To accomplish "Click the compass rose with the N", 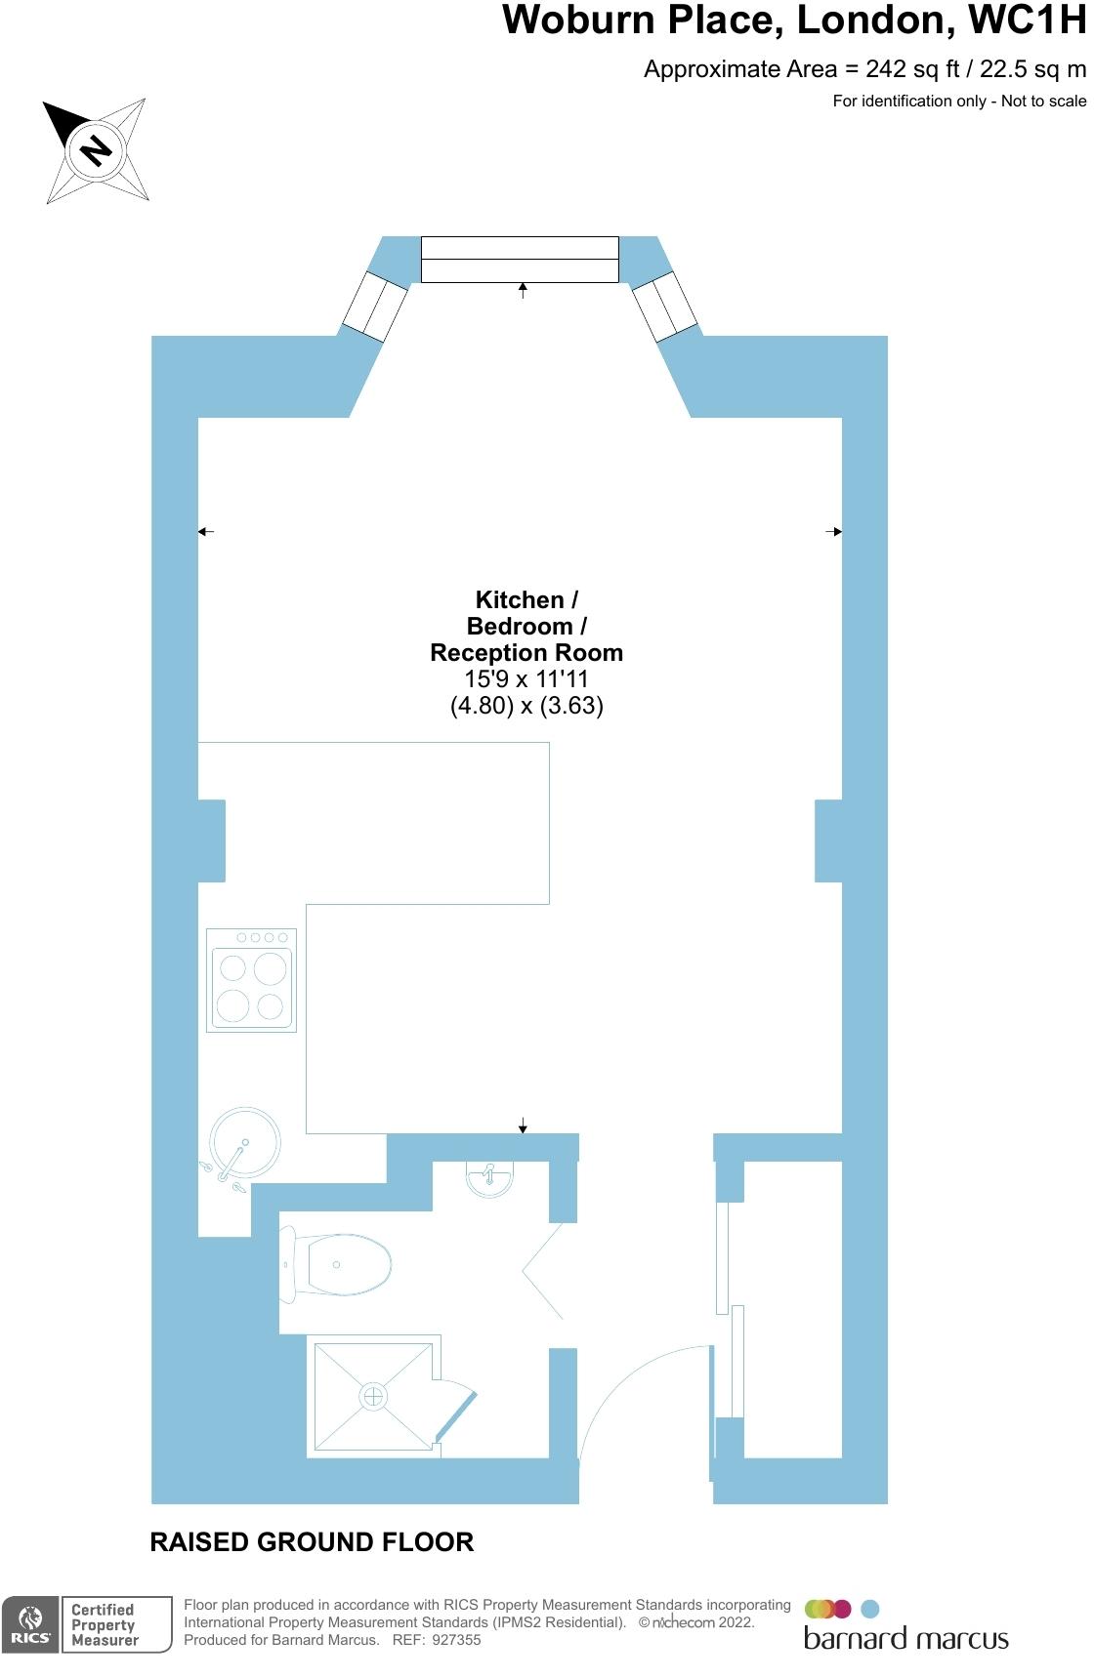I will (x=97, y=150).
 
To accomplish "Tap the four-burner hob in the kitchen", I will (x=251, y=980).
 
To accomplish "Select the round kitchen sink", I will (x=244, y=1143).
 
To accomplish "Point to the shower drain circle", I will (x=373, y=1396).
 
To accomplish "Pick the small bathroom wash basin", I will (x=489, y=1178).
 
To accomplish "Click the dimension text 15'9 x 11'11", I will (x=526, y=679).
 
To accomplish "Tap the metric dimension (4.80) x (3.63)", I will (x=526, y=706).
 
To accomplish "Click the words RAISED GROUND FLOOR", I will (x=312, y=1542).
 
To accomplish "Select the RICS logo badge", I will (x=30, y=1625).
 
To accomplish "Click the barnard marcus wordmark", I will (x=905, y=1639).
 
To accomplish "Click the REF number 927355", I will (x=456, y=1640).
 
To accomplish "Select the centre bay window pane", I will (x=520, y=259).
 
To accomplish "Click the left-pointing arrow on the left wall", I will (x=205, y=532).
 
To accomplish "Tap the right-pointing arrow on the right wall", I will (x=833, y=532).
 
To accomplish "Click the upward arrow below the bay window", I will (x=523, y=290).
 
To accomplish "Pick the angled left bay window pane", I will (x=374, y=307).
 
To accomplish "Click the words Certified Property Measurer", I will (x=104, y=1625).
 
